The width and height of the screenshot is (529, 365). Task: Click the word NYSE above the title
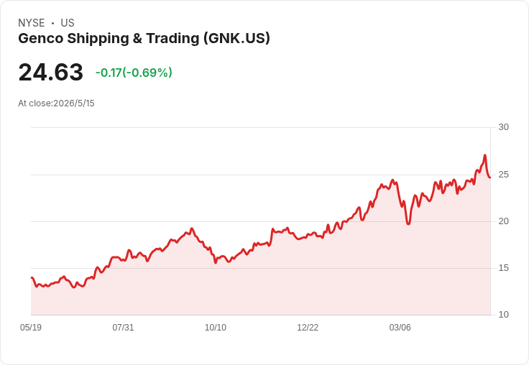pyautogui.click(x=32, y=23)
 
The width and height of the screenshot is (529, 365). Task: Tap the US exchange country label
pyautogui.click(x=68, y=23)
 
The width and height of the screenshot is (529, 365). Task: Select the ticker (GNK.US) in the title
pyautogui.click(x=236, y=39)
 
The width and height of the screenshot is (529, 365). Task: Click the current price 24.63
pyautogui.click(x=50, y=72)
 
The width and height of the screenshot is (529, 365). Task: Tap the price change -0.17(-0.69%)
pyautogui.click(x=134, y=73)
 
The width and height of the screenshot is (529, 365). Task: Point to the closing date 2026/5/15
pyautogui.click(x=74, y=103)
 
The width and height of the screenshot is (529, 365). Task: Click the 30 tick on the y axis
pyautogui.click(x=503, y=127)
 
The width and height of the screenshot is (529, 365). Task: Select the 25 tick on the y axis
pyautogui.click(x=503, y=175)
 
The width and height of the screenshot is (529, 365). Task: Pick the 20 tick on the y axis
pyautogui.click(x=503, y=221)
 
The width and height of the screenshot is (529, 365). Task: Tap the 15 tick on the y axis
pyautogui.click(x=503, y=268)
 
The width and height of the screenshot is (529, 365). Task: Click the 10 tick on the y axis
pyautogui.click(x=503, y=315)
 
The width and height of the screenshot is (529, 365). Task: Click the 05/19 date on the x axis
pyautogui.click(x=31, y=328)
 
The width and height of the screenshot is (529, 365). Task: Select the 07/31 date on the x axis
pyautogui.click(x=123, y=328)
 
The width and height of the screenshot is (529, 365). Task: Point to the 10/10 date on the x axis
pyautogui.click(x=216, y=328)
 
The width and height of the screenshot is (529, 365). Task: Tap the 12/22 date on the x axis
pyautogui.click(x=308, y=328)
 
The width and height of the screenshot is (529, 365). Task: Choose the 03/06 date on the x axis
pyautogui.click(x=400, y=328)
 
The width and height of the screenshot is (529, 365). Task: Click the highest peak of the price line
pyautogui.click(x=485, y=155)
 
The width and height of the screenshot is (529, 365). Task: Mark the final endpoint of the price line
pyautogui.click(x=490, y=177)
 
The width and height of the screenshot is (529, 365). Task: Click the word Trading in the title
pyautogui.click(x=172, y=39)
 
